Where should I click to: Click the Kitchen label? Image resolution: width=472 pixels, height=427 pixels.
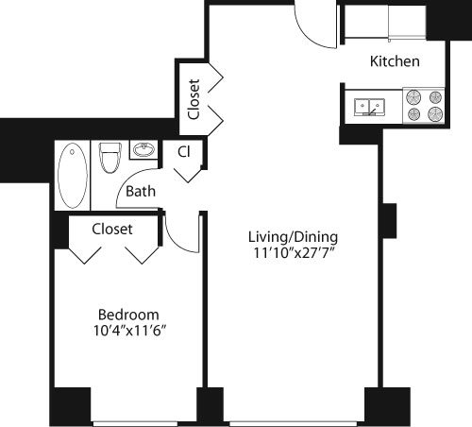395,62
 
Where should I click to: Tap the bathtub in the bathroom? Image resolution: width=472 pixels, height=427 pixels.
72,175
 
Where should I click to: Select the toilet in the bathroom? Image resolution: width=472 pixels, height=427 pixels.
108,158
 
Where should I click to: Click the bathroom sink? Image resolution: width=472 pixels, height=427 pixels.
144,151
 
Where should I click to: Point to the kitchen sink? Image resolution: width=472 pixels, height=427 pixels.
368,107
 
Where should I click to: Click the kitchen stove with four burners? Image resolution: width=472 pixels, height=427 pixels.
422,106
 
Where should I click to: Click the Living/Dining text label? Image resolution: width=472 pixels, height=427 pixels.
293,236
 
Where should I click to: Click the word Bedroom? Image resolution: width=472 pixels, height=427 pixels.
128,315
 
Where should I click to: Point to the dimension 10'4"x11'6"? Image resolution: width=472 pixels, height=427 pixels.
128,331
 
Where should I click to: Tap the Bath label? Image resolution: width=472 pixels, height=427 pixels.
141,192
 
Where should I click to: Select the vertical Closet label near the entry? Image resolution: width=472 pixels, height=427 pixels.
194,98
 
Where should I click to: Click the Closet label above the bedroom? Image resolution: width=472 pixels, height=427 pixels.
112,230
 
